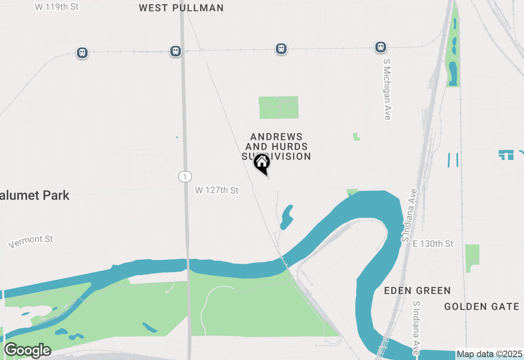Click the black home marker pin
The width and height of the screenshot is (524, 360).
pos(262,163)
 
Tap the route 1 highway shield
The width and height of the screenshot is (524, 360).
pos(185,177)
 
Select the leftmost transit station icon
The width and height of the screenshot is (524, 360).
pos(82,53)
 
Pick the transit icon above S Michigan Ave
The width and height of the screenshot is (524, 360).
pos(381,47)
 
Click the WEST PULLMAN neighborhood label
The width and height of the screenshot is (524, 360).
pos(181,8)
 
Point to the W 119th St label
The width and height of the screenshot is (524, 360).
pos(56,7)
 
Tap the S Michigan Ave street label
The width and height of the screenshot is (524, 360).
pos(387,89)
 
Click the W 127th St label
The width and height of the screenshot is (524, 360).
pos(217,190)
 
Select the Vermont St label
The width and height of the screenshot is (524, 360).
pos(31,241)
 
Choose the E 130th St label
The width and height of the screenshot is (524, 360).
pos(433,244)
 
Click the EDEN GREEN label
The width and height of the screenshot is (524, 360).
pos(417,291)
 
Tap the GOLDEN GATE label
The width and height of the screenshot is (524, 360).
pos(481,306)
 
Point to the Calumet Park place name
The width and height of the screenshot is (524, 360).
pos(35,196)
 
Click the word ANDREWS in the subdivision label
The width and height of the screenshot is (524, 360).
pos(277,137)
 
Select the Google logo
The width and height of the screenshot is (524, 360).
pos(28,350)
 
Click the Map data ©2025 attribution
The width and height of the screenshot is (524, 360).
pos(489,354)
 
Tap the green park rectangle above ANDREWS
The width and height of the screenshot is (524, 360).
pos(279,108)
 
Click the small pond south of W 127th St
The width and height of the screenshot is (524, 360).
pos(287,217)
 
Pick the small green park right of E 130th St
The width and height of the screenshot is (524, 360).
pos(472,257)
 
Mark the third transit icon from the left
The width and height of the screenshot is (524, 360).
pos(281,49)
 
